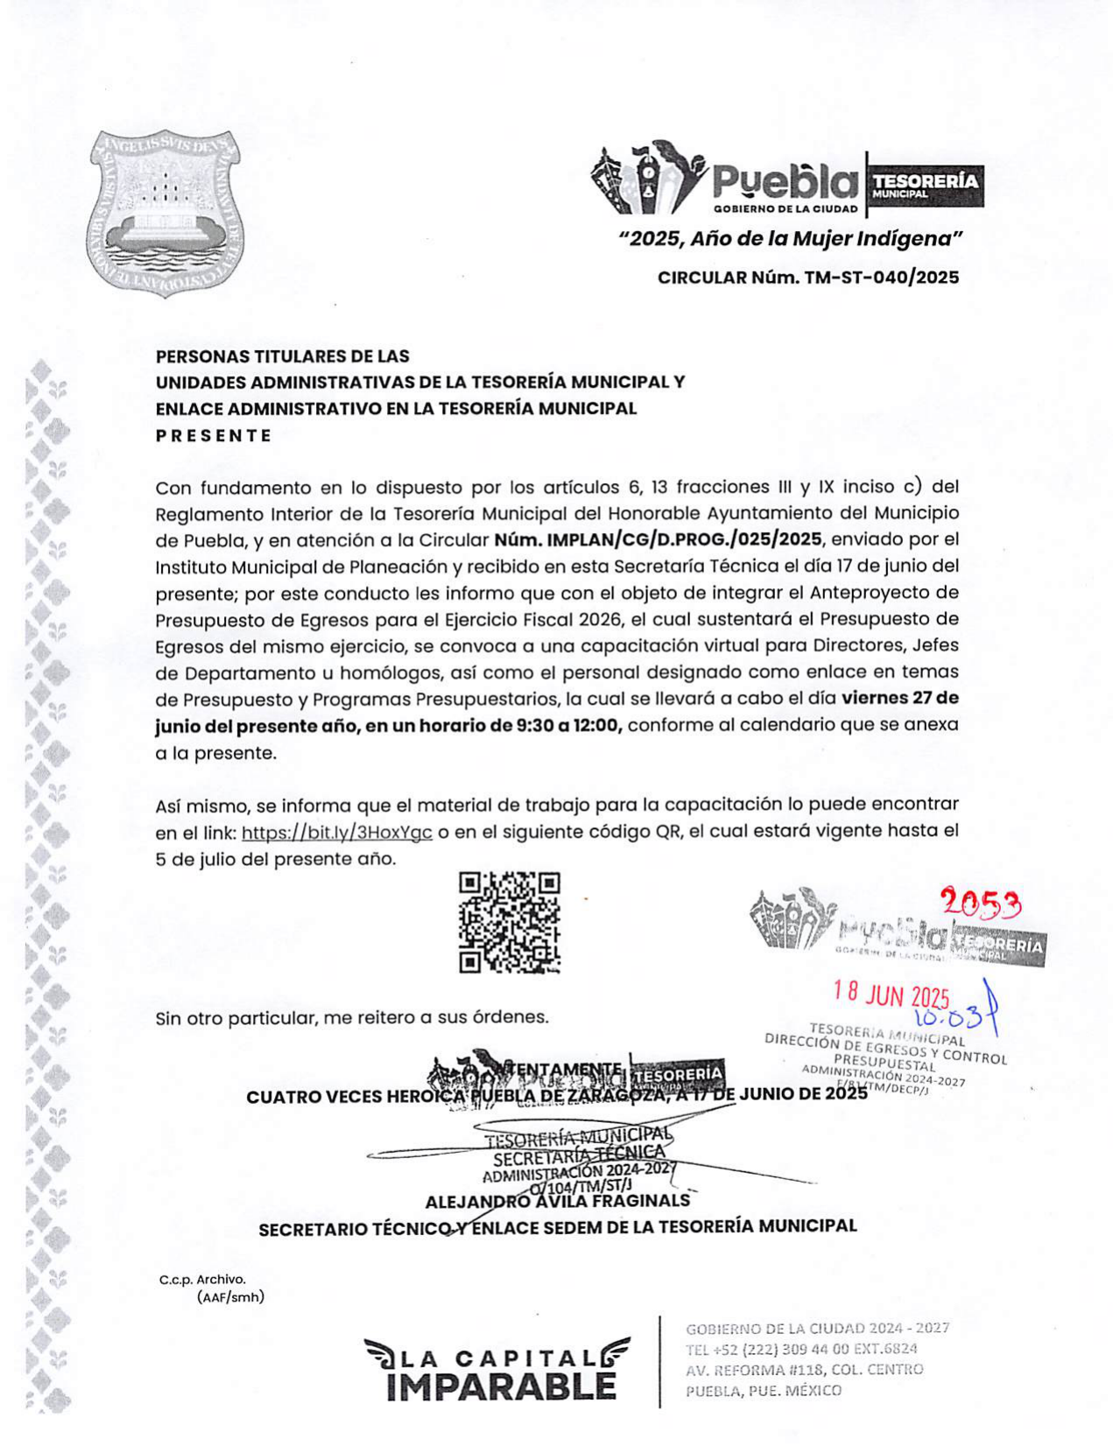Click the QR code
pyautogui.click(x=510, y=922)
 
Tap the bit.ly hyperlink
pyautogui.click(x=336, y=832)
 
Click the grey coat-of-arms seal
pyautogui.click(x=166, y=213)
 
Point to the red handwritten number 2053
pyautogui.click(x=980, y=902)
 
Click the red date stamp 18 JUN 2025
pyautogui.click(x=891, y=994)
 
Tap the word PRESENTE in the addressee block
pyautogui.click(x=214, y=435)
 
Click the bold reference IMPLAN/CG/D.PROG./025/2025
pyautogui.click(x=658, y=539)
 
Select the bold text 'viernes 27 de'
pyautogui.click(x=899, y=698)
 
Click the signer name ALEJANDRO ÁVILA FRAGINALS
pyautogui.click(x=557, y=1202)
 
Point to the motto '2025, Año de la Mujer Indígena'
pyautogui.click(x=791, y=239)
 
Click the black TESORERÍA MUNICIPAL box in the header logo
pyautogui.click(x=925, y=186)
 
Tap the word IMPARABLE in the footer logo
pyautogui.click(x=501, y=1386)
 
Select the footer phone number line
pyautogui.click(x=801, y=1349)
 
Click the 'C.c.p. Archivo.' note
pyautogui.click(x=202, y=1280)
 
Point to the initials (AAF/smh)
pyautogui.click(x=230, y=1297)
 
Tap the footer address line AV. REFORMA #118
pyautogui.click(x=804, y=1370)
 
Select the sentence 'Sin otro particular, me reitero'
pyautogui.click(x=352, y=1018)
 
